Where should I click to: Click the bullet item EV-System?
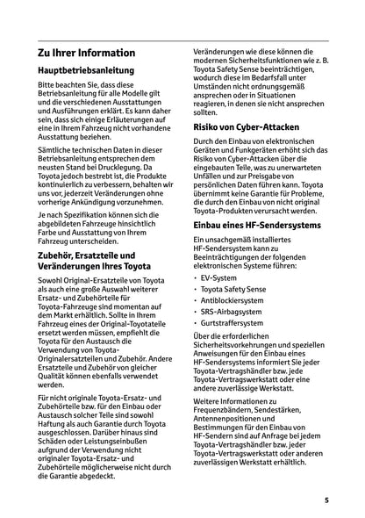(218, 277)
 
